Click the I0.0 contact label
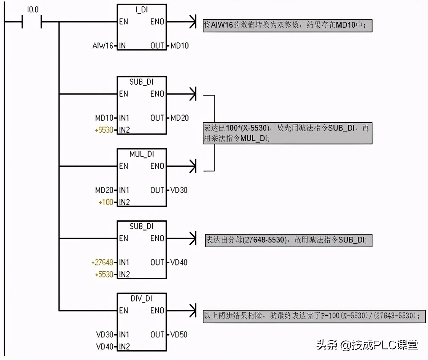tap(33, 10)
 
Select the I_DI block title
tap(141, 10)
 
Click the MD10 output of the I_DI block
tap(179, 46)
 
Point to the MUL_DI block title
tap(141, 154)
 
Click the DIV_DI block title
tap(141, 299)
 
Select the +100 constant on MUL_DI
tap(106, 202)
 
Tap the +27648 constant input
tap(102, 262)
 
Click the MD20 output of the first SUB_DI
tap(179, 118)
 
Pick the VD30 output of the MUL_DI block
tap(179, 190)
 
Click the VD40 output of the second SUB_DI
tap(179, 262)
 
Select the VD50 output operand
tap(179, 334)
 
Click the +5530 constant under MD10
tap(104, 130)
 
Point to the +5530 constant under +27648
tap(104, 274)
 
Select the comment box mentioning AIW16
tap(287, 25)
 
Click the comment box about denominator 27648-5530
tap(288, 240)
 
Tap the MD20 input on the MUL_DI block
tap(105, 190)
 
